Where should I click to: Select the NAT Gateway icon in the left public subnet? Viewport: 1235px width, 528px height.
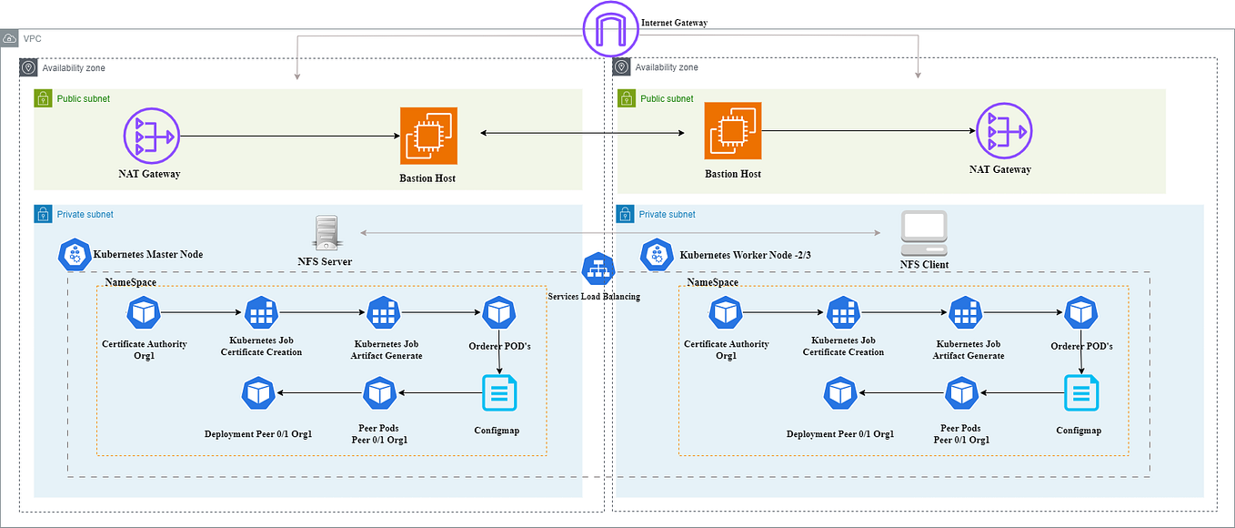tap(151, 137)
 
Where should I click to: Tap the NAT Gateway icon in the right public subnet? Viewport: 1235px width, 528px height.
tap(1003, 132)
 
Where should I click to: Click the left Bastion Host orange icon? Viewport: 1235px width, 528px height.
tap(428, 136)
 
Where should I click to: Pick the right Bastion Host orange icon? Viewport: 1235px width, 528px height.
tap(733, 131)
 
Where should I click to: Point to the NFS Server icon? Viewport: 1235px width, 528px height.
tap(326, 233)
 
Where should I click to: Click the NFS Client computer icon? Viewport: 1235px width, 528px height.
tap(923, 233)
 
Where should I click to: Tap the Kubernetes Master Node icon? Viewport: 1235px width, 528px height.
tap(74, 256)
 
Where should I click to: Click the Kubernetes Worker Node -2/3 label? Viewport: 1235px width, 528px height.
tap(745, 255)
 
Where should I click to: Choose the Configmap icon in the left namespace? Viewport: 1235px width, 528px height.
tap(498, 394)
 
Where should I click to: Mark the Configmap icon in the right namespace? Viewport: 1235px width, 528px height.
tap(1080, 394)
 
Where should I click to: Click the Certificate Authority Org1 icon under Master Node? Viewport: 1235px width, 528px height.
tap(144, 314)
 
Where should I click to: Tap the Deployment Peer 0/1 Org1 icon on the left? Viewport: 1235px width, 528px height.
tap(258, 394)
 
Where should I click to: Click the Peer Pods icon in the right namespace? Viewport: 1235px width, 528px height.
tap(961, 394)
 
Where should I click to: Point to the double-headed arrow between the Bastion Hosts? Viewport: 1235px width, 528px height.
tap(582, 134)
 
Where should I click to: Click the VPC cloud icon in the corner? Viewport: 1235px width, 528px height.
tap(9, 39)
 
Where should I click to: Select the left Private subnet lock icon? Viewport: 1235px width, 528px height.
tap(43, 214)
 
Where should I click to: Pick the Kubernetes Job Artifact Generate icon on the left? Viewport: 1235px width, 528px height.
tap(383, 314)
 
